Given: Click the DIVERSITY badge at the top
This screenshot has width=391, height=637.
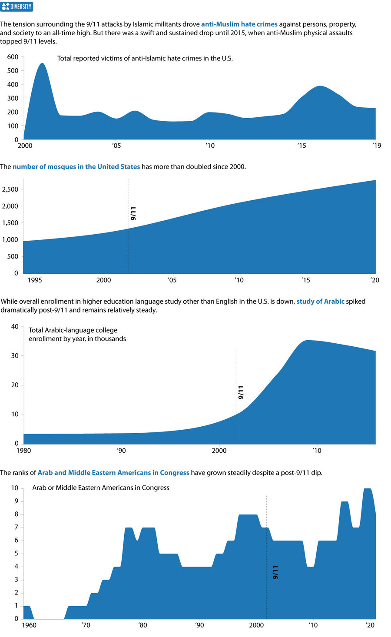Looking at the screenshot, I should click(x=17, y=7).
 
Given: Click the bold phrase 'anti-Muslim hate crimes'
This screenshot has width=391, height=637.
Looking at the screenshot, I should click(x=239, y=24).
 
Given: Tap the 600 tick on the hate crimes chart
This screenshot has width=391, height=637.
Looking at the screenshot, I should click(x=13, y=57).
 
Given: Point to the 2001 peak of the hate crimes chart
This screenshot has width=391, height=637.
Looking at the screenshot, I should click(x=42, y=64).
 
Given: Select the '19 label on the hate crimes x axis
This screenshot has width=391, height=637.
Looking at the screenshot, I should click(x=376, y=146).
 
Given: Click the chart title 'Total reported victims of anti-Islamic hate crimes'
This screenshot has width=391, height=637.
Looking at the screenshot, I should click(x=145, y=58).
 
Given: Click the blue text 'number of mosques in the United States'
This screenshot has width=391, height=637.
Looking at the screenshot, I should click(x=76, y=167).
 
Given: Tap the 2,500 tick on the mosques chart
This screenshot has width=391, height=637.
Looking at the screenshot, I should click(x=10, y=189).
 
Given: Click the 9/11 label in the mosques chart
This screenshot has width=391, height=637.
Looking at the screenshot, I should click(x=133, y=213).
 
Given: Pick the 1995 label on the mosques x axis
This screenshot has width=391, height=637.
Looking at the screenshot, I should click(x=35, y=280).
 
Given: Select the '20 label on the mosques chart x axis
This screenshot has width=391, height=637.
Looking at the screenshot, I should click(x=374, y=280).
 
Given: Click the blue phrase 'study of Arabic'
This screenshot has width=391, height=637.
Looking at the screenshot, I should click(x=320, y=302).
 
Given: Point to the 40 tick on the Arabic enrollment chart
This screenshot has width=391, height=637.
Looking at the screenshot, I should click(x=15, y=327).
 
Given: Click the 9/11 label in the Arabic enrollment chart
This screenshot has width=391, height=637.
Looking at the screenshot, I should click(x=241, y=392).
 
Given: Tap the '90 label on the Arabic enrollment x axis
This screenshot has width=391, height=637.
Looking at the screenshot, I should click(x=121, y=451).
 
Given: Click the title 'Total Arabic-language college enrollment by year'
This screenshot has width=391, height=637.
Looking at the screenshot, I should click(x=77, y=335).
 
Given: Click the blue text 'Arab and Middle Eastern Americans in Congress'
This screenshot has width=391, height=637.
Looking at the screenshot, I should click(x=113, y=473).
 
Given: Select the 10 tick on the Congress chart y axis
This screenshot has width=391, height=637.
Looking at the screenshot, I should click(x=15, y=488).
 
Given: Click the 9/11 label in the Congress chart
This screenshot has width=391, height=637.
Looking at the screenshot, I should click(x=275, y=572).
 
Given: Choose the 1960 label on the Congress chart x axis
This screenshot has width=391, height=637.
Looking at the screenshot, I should click(x=29, y=625).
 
